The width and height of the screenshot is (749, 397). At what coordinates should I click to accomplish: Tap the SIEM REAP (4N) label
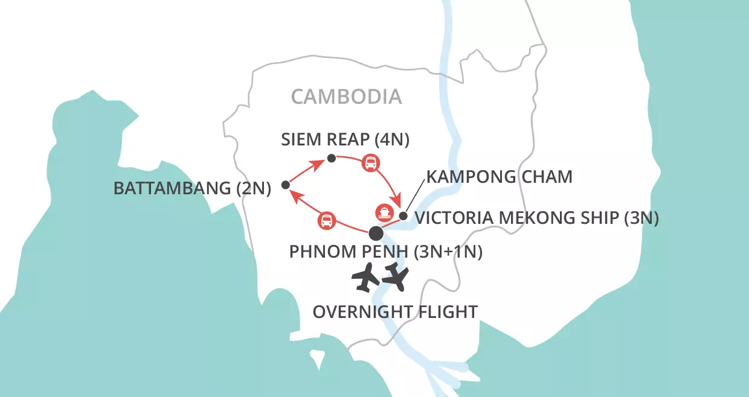pyautogui.click(x=346, y=140)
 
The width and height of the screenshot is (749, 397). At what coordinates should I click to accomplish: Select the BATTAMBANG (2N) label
pyautogui.click(x=192, y=188)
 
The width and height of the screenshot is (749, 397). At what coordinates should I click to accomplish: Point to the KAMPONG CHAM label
pyautogui.click(x=499, y=177)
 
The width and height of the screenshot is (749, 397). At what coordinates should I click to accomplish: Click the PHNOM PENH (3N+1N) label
pyautogui.click(x=386, y=252)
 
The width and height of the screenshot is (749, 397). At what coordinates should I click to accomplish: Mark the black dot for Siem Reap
pyautogui.click(x=331, y=158)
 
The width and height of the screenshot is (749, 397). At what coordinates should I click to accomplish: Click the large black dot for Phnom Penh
pyautogui.click(x=376, y=233)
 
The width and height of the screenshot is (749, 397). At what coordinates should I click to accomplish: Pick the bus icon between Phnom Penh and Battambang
pyautogui.click(x=326, y=221)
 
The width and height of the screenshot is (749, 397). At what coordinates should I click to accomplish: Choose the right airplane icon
pyautogui.click(x=396, y=276)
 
